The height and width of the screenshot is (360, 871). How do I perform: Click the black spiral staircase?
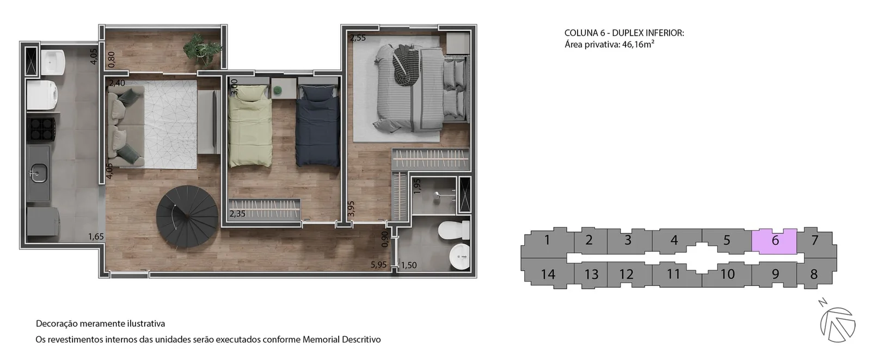click(187, 216)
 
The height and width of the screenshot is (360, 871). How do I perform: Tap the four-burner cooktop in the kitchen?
click(41, 129)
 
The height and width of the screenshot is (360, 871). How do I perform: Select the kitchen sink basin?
click(39, 173)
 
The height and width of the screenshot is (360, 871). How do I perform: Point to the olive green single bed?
click(250, 126)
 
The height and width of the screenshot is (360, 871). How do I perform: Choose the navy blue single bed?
click(318, 126)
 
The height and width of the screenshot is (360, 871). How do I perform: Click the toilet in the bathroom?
click(454, 230)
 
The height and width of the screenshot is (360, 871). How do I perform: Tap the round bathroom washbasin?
click(459, 257)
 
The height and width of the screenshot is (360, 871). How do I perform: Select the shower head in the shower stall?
click(438, 194)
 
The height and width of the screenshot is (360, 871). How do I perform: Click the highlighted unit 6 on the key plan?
click(774, 241)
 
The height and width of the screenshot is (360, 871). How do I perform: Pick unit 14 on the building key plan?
click(548, 274)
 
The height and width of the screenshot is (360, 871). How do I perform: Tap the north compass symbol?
click(837, 324)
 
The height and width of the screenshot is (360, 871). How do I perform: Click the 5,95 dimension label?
click(378, 265)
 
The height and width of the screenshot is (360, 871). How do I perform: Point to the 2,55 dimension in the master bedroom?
click(358, 38)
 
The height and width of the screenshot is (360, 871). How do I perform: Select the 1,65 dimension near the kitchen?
click(96, 236)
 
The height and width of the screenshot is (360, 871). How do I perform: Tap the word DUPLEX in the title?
click(627, 33)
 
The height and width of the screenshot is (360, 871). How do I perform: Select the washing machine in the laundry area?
click(42, 95)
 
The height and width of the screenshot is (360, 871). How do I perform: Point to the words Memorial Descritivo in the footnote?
click(341, 339)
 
